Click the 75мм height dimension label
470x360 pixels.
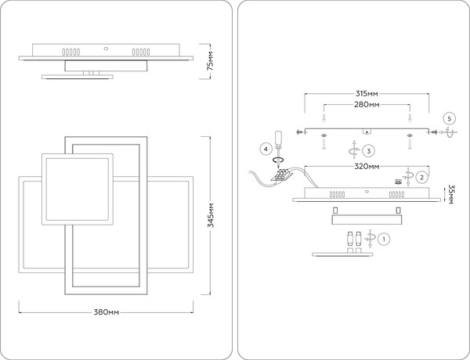click(211, 61)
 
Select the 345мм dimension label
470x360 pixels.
click(211, 215)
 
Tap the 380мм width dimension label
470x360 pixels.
click(106, 312)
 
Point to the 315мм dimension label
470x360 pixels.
click(367, 94)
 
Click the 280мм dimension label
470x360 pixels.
click(367, 105)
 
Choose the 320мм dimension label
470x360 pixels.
click(367, 166)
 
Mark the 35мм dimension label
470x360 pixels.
click(450, 194)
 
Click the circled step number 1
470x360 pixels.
click(384, 239)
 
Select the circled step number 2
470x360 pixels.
click(421, 178)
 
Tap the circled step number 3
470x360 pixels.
click(369, 150)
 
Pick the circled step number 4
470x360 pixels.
click(266, 149)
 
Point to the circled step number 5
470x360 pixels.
click(449, 119)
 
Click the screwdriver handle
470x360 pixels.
click(278, 139)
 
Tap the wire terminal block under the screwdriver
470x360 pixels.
click(281, 175)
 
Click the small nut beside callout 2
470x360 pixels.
click(398, 182)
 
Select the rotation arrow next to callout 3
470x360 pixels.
click(354, 149)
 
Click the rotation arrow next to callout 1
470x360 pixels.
click(370, 239)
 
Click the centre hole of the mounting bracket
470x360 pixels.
click(367, 131)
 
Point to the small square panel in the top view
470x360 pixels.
click(78, 189)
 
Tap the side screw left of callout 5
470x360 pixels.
click(432, 131)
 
